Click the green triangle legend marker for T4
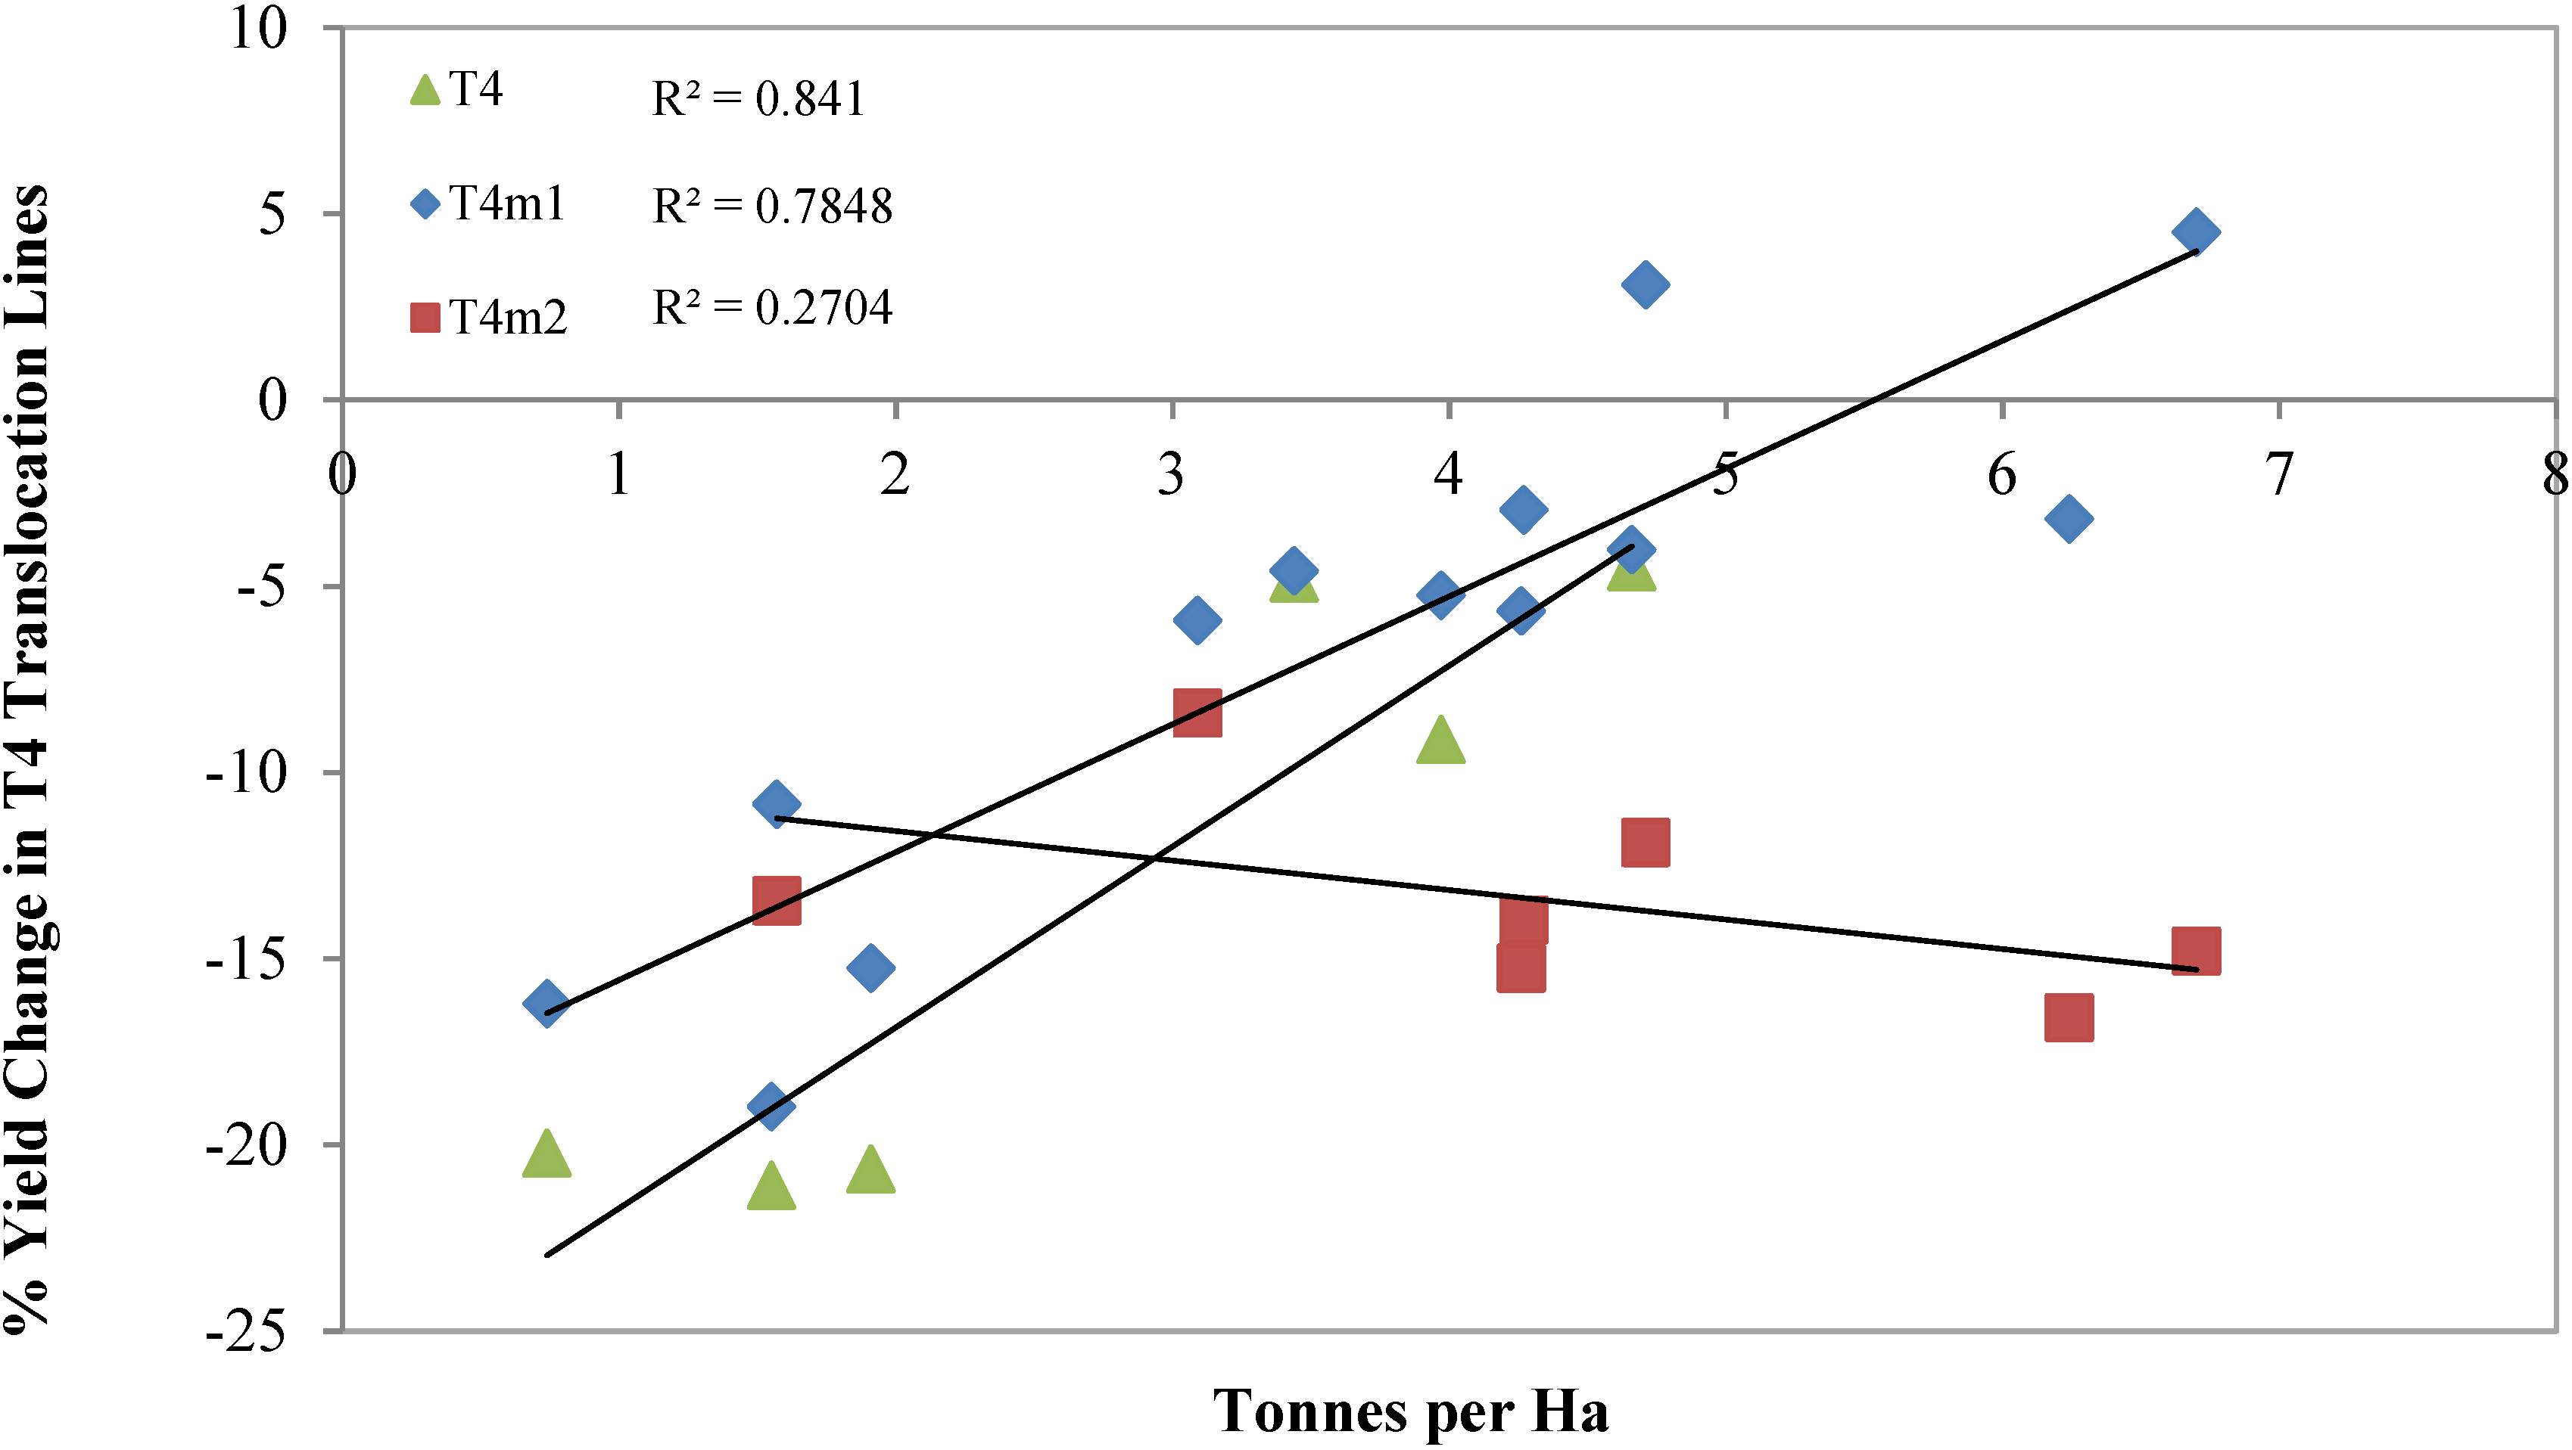(425, 91)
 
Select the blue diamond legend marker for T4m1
(425, 204)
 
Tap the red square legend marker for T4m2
(425, 318)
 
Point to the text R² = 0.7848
(772, 206)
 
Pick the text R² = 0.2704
(772, 307)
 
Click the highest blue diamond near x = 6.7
(2196, 231)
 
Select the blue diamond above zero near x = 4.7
(1646, 284)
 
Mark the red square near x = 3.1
(1197, 712)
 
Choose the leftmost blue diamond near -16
(546, 1002)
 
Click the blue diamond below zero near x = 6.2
(2069, 518)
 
